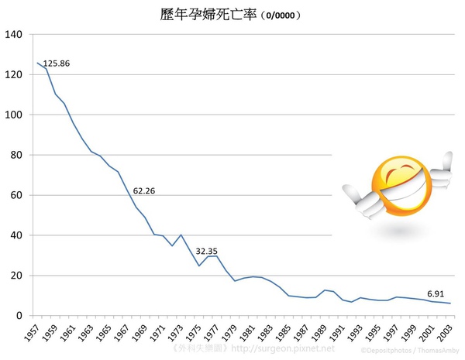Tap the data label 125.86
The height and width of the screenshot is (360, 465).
click(57, 63)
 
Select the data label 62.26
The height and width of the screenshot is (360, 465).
click(144, 190)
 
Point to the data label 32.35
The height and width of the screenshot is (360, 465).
click(206, 251)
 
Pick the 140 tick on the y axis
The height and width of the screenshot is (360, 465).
click(15, 35)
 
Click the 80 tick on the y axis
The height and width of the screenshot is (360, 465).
click(18, 155)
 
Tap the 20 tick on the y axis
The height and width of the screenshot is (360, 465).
click(18, 276)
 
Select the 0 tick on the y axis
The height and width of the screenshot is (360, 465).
click(21, 316)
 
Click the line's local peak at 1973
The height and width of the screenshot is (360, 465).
click(181, 235)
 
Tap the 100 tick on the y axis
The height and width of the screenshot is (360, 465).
click(15, 115)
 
